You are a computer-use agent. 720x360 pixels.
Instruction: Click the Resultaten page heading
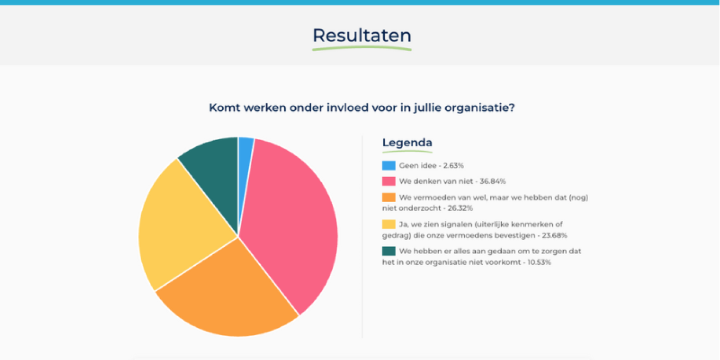pyautogui.click(x=362, y=35)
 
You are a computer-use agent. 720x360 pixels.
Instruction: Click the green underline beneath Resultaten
pyautogui.click(x=362, y=49)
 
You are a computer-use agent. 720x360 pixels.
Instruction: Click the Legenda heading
pyautogui.click(x=407, y=143)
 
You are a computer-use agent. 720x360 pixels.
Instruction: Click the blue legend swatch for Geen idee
pyautogui.click(x=389, y=166)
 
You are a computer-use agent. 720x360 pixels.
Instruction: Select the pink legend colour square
pyautogui.click(x=389, y=181)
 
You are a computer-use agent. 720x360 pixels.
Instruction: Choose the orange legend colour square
pyautogui.click(x=389, y=197)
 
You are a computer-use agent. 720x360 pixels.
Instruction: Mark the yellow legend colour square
pyautogui.click(x=389, y=224)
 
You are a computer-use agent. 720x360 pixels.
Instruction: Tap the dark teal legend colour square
pyautogui.click(x=389, y=251)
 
